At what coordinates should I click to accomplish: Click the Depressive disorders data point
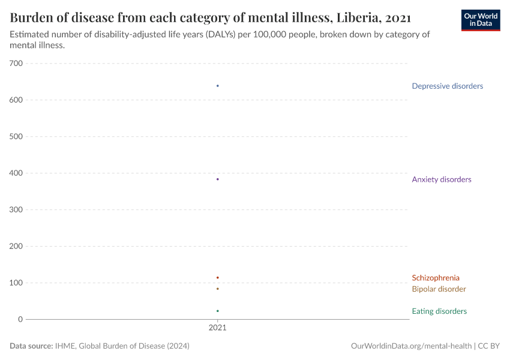pyautogui.click(x=217, y=86)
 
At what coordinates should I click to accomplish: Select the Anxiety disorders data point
pyautogui.click(x=217, y=179)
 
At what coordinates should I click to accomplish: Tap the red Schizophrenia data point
pyautogui.click(x=217, y=277)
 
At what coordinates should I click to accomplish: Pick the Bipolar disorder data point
pyautogui.click(x=217, y=289)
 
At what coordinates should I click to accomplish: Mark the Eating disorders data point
pyautogui.click(x=217, y=311)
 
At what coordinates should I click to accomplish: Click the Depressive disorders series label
pyautogui.click(x=447, y=86)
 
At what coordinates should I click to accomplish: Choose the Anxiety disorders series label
pyautogui.click(x=441, y=179)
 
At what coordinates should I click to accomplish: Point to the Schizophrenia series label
pyautogui.click(x=436, y=278)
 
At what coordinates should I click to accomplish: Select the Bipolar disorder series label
pyautogui.click(x=439, y=289)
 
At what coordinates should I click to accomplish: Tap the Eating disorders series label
pyautogui.click(x=439, y=311)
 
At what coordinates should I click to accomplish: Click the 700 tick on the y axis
pyautogui.click(x=16, y=64)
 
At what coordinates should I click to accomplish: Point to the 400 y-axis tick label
pyautogui.click(x=16, y=173)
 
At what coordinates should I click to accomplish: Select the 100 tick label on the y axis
pyautogui.click(x=16, y=283)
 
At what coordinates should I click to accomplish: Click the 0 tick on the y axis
pyautogui.click(x=20, y=319)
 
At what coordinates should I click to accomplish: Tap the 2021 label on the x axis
pyautogui.click(x=217, y=328)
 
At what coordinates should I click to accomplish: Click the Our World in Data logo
pyautogui.click(x=480, y=20)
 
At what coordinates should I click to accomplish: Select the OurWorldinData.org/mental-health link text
pyautogui.click(x=411, y=346)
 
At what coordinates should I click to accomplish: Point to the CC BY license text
pyautogui.click(x=489, y=346)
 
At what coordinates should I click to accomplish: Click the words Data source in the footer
pyautogui.click(x=31, y=346)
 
